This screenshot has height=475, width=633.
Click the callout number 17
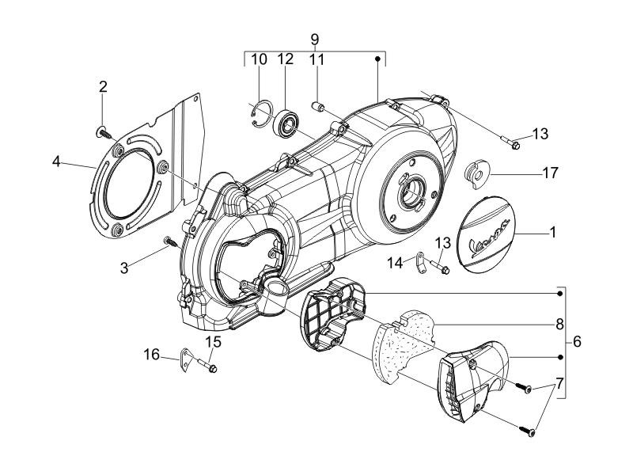point(549,173)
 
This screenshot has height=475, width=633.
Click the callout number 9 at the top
point(315,40)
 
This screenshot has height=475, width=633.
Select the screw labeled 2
point(104,132)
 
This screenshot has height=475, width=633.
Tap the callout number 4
point(56,161)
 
